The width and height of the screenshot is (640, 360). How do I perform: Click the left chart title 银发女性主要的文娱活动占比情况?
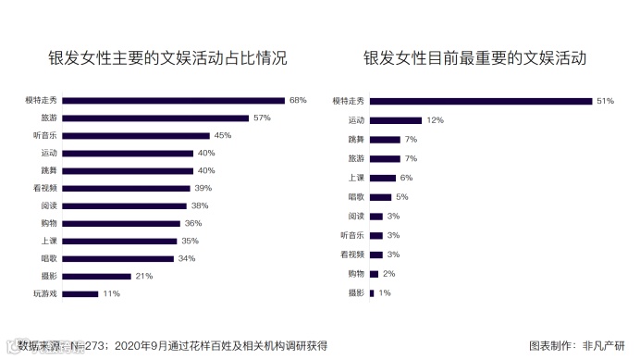click(x=167, y=57)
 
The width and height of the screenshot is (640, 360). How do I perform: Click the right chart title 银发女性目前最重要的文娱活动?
click(x=474, y=57)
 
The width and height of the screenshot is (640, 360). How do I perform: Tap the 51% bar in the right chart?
click(x=480, y=101)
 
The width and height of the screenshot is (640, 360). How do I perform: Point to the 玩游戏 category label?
click(x=44, y=294)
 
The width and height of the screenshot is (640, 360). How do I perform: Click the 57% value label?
click(x=261, y=118)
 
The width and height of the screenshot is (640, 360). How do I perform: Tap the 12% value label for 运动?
click(x=435, y=120)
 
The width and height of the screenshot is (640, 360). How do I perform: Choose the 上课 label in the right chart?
click(x=356, y=178)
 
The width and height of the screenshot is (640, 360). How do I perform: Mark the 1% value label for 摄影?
click(x=384, y=293)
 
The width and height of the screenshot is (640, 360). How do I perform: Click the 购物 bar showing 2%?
click(x=374, y=274)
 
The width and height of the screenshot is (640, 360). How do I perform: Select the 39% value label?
click(x=203, y=188)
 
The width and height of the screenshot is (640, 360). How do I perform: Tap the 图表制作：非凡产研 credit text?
click(x=576, y=345)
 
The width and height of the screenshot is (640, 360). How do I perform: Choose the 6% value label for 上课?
click(x=406, y=178)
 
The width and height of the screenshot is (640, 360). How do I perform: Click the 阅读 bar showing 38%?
click(x=127, y=205)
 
